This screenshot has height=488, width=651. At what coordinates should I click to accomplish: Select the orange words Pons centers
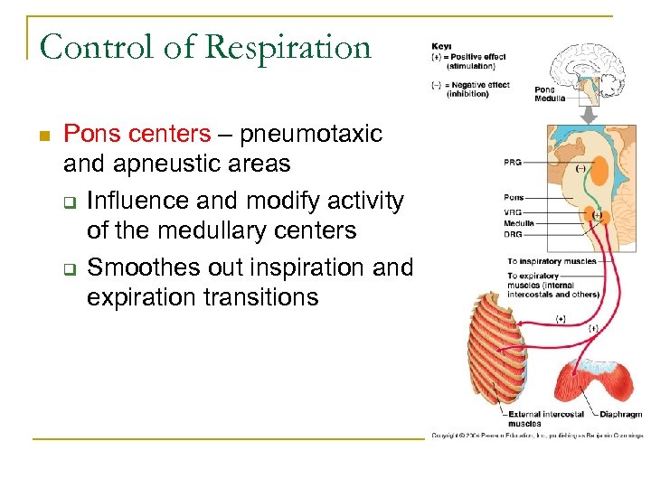pyautogui.click(x=137, y=135)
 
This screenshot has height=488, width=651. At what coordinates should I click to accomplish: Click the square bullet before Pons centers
pyautogui.click(x=42, y=136)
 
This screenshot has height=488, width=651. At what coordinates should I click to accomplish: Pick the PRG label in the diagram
pyautogui.click(x=513, y=163)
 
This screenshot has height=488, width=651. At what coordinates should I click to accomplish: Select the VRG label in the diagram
pyautogui.click(x=513, y=211)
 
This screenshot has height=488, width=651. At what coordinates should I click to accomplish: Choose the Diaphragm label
pyautogui.click(x=622, y=415)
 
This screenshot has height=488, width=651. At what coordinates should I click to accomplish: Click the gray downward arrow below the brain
pyautogui.click(x=588, y=115)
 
